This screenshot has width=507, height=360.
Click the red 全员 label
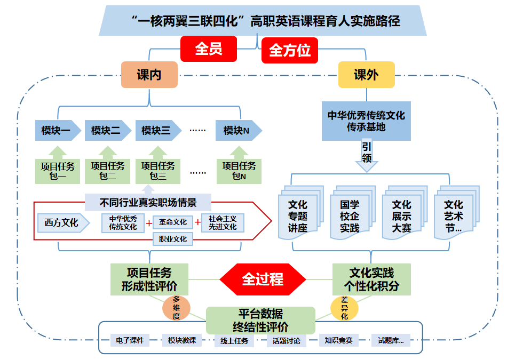(208, 49)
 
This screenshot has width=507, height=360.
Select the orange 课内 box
(149, 75)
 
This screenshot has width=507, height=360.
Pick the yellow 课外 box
(366, 75)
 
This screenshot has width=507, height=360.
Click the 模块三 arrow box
(156, 130)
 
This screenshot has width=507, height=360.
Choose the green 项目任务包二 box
(108, 171)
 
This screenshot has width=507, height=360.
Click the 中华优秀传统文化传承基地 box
(366, 121)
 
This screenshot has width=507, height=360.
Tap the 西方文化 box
(61, 222)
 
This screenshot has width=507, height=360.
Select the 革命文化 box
(173, 222)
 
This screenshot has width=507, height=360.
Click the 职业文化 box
(173, 239)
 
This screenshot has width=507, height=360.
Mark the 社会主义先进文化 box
(223, 222)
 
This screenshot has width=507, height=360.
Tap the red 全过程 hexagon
(263, 279)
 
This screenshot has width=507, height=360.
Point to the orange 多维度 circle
(176, 308)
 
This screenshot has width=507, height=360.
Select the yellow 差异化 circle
(344, 308)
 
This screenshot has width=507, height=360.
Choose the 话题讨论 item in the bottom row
(286, 341)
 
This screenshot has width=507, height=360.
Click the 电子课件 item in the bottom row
(130, 340)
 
